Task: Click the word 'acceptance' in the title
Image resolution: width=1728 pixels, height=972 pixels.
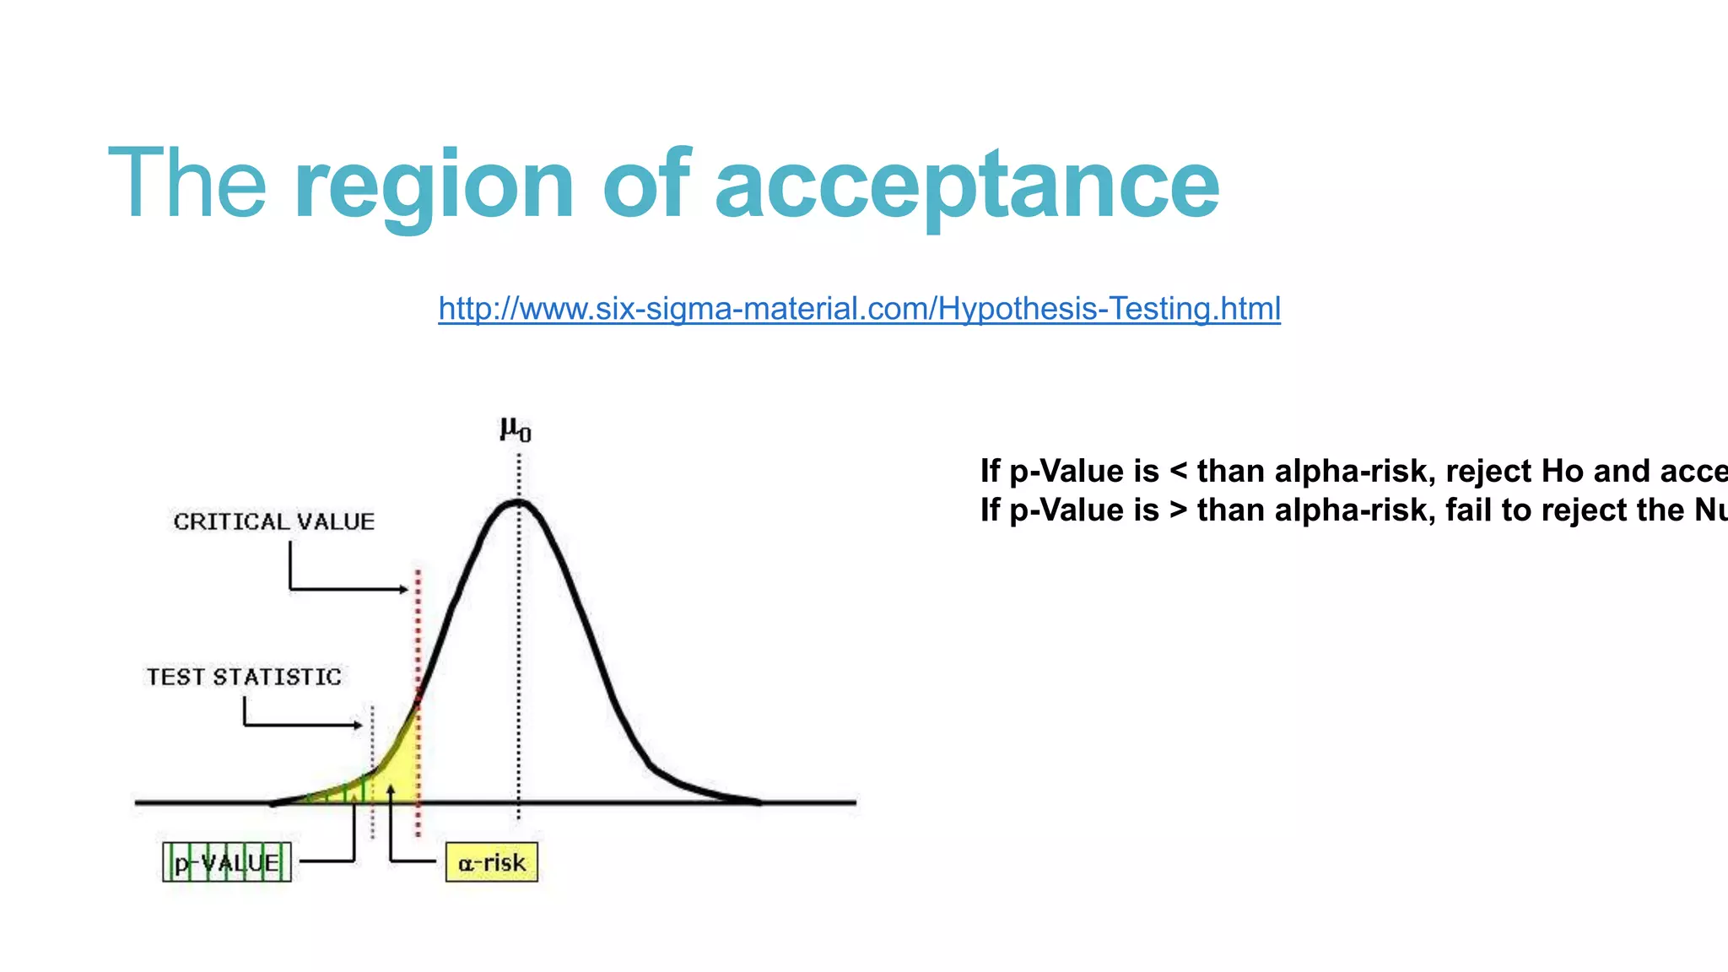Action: coord(967,184)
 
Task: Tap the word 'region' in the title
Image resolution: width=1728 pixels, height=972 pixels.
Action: coord(435,184)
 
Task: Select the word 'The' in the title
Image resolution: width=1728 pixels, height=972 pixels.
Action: coord(187,182)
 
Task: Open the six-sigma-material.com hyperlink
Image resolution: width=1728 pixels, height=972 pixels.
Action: coord(859,309)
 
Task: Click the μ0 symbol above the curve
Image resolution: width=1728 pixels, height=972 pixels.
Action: coord(516,429)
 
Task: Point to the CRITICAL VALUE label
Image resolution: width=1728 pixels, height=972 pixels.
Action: coord(274,521)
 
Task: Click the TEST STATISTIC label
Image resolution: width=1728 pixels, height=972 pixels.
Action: coord(244,677)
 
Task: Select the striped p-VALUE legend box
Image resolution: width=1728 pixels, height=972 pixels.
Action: coord(227,862)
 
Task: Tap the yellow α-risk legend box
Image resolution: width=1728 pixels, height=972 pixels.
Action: coord(491,862)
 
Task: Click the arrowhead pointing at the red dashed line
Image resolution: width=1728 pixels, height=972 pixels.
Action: coord(404,589)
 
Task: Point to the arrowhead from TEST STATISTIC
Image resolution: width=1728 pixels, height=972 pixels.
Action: coord(359,725)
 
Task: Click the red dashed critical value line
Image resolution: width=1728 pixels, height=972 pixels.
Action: coord(418,641)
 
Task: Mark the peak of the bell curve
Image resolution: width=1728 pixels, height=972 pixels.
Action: coord(517,503)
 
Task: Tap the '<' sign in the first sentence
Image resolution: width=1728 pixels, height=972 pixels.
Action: coord(1179,472)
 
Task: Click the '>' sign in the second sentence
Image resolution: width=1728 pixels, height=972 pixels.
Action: coord(1179,510)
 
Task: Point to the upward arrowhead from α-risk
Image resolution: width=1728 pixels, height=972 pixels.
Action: coord(391,791)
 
